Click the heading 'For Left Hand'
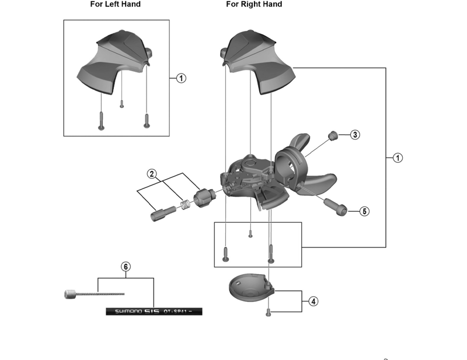point(115,5)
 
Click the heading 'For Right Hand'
point(254,5)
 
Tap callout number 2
point(151,173)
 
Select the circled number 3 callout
point(355,135)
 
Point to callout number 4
point(313,302)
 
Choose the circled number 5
point(364,211)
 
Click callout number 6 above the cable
point(126,267)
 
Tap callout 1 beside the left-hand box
point(181,78)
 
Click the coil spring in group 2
point(186,205)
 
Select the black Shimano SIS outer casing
point(154,312)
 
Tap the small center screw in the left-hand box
point(121,103)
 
